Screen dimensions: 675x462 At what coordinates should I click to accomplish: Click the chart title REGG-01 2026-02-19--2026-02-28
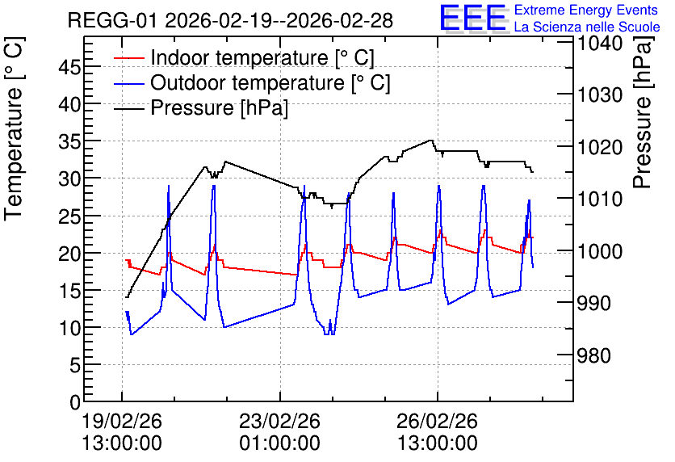(230, 20)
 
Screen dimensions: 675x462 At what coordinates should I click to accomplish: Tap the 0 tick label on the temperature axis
(75, 402)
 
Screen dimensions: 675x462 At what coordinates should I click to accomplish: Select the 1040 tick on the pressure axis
(600, 43)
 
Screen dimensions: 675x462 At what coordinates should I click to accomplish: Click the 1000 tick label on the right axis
(600, 251)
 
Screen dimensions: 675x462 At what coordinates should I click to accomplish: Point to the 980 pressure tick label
(594, 355)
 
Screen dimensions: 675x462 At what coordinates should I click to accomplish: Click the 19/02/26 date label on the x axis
(122, 421)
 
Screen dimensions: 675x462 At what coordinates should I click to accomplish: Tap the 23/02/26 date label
(280, 421)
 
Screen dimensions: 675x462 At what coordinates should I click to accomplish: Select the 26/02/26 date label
(438, 421)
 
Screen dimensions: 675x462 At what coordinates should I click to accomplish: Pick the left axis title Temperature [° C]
(14, 129)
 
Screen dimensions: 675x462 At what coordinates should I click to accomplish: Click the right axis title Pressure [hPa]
(643, 112)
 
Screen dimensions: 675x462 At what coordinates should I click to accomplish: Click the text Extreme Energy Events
(586, 10)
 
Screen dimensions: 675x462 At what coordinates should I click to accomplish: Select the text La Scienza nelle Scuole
(587, 27)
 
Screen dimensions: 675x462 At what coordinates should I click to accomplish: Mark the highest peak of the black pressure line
(430, 140)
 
